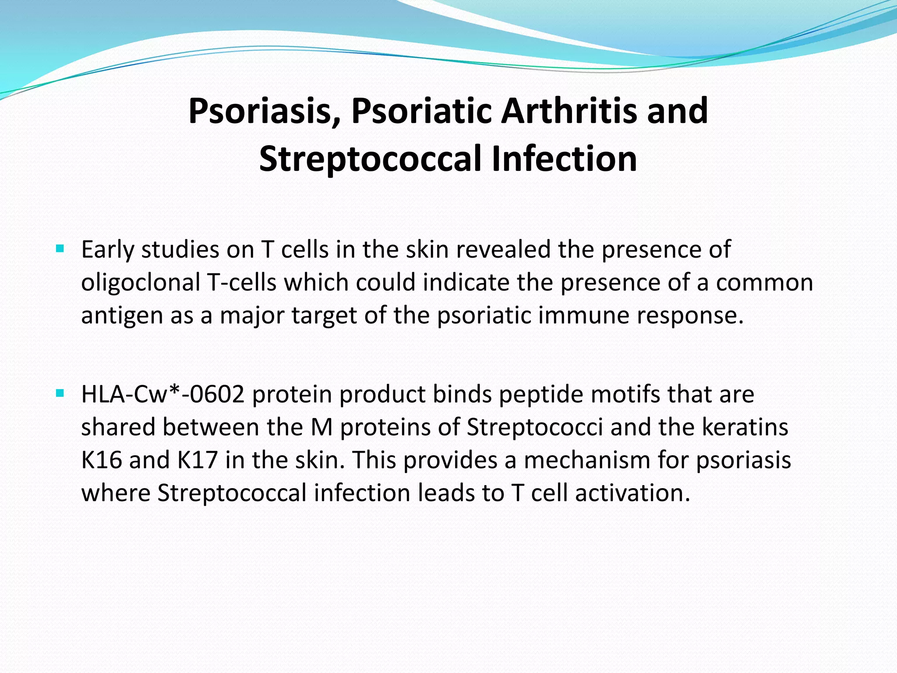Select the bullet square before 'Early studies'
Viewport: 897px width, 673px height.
pyautogui.click(x=60, y=249)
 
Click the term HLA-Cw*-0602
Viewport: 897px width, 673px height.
pyautogui.click(x=162, y=394)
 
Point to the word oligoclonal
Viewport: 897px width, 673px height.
pyautogui.click(x=141, y=282)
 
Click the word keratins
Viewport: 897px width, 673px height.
pyautogui.click(x=745, y=427)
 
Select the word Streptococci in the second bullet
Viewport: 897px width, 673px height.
pyautogui.click(x=535, y=427)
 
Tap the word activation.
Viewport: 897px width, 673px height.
pyautogui.click(x=632, y=493)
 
